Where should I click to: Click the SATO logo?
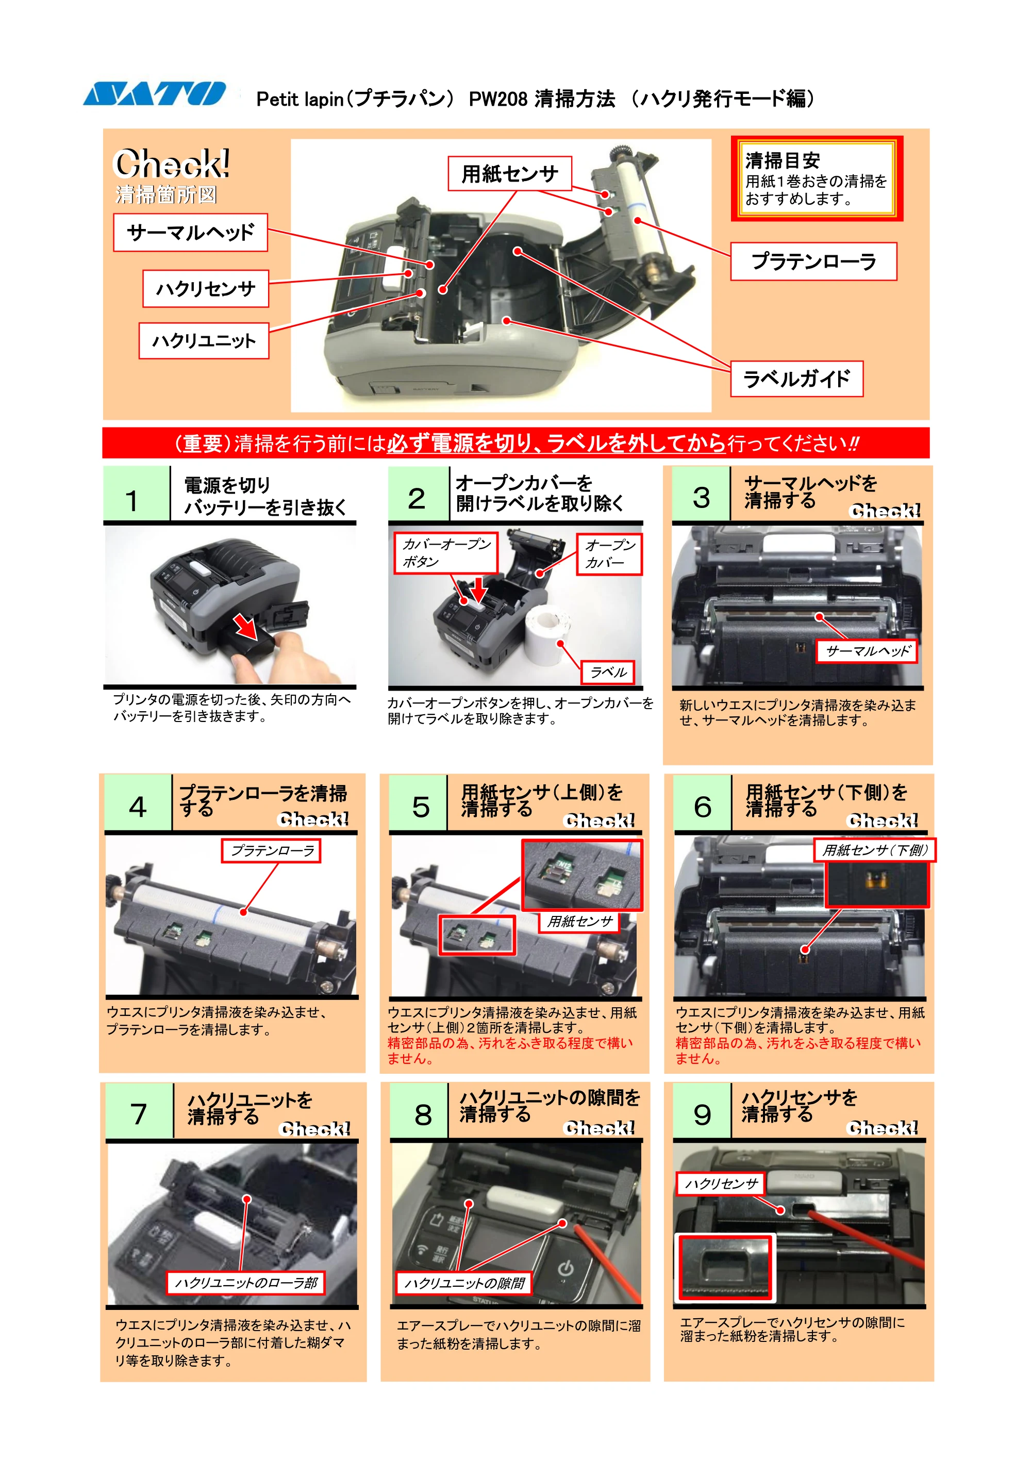(154, 93)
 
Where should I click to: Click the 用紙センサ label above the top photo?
(509, 173)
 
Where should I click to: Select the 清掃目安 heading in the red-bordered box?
(783, 160)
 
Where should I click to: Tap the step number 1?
(132, 501)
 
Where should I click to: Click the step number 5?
(421, 807)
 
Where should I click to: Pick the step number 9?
(702, 1114)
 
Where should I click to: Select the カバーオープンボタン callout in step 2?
(446, 553)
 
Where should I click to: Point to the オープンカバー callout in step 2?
(609, 553)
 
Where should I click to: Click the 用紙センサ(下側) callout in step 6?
(875, 850)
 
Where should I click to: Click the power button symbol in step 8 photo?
(566, 1268)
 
